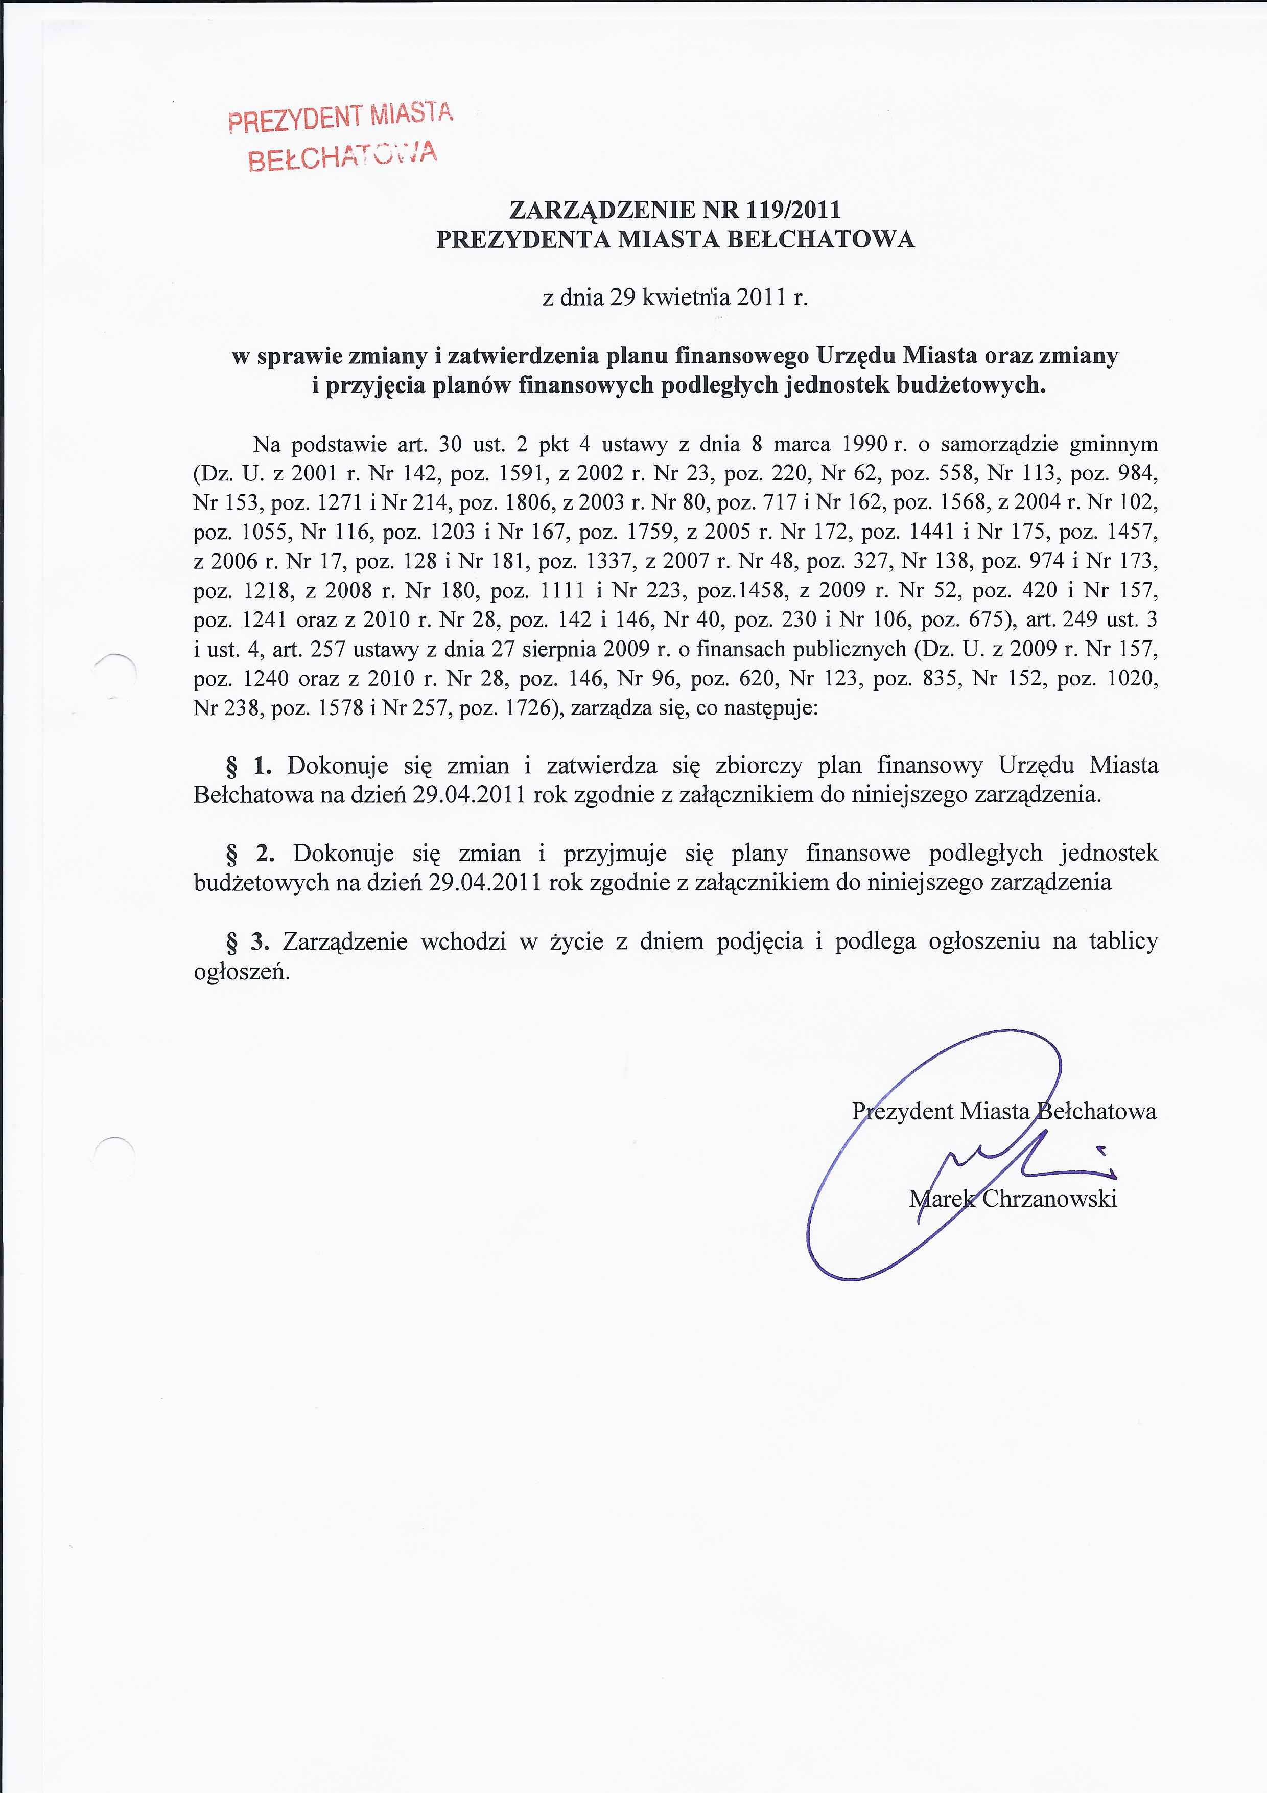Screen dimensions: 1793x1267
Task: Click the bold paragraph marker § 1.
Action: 248,766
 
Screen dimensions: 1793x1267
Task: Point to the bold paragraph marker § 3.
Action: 248,942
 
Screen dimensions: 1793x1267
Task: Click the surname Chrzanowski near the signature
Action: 1049,1198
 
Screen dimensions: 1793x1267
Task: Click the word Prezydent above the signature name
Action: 902,1111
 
